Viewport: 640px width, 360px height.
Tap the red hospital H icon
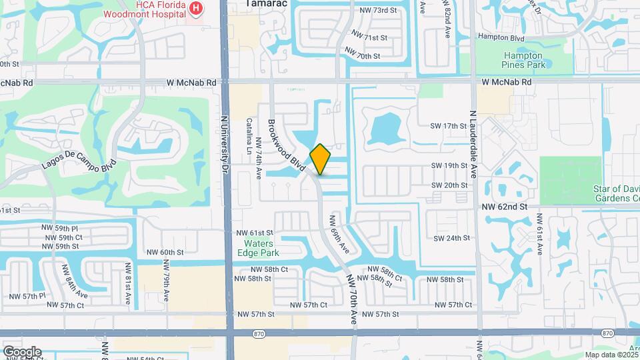click(196, 7)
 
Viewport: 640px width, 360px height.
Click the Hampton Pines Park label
click(524, 60)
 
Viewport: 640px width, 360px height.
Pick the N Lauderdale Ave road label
click(473, 143)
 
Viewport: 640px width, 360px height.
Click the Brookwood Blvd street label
click(287, 145)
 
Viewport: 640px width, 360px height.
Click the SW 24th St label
click(452, 238)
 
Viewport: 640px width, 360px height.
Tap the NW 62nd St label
click(505, 207)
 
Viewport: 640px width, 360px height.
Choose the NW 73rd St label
click(377, 10)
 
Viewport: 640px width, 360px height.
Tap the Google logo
click(22, 351)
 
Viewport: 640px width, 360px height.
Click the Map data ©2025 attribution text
click(611, 355)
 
